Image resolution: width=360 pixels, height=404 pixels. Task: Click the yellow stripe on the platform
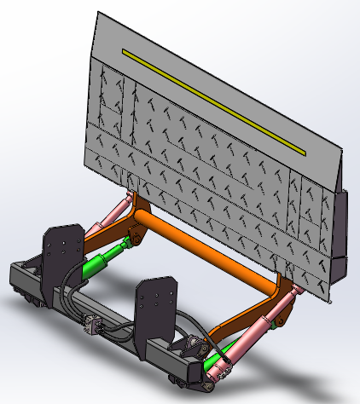[213, 101]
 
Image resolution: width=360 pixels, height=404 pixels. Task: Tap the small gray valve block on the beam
[91, 325]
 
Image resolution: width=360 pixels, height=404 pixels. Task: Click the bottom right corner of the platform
[328, 298]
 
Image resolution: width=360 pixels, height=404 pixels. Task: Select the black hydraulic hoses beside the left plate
[68, 303]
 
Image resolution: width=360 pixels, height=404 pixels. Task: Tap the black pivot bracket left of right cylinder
[193, 345]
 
